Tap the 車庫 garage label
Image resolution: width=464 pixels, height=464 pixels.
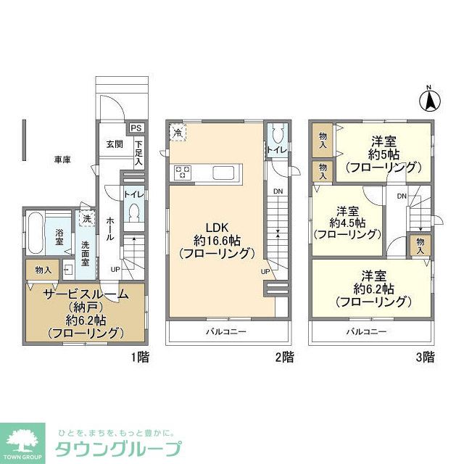[x=61, y=159]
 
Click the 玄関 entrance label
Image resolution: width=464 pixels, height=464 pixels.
[x=115, y=144]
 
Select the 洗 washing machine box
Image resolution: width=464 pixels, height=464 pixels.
[x=86, y=219]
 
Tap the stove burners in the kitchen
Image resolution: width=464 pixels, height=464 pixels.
[x=182, y=172]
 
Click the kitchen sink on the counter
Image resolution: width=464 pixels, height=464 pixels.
[x=223, y=172]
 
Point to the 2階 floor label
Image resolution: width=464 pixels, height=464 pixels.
[x=284, y=356]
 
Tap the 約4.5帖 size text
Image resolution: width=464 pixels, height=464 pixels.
[x=348, y=223]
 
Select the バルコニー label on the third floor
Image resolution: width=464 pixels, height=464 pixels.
[x=365, y=332]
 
